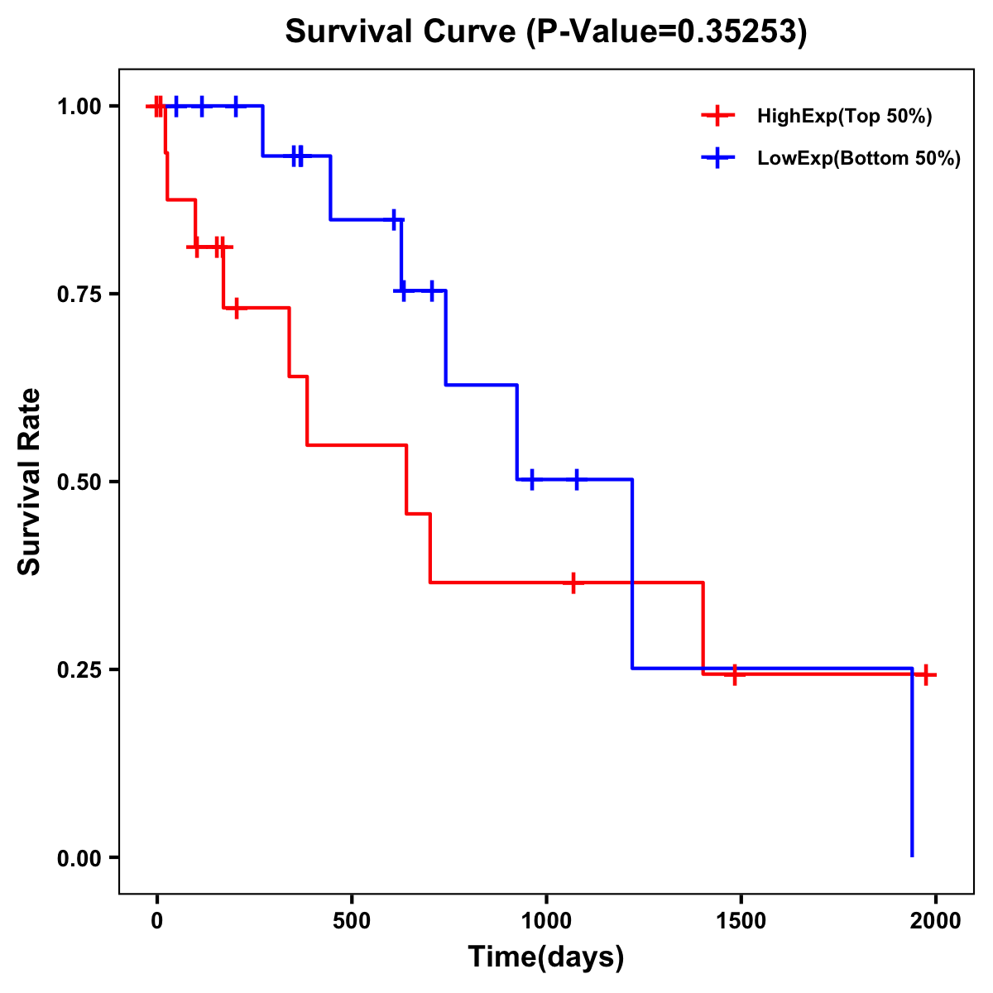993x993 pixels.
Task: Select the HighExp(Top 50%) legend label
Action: pyautogui.click(x=844, y=117)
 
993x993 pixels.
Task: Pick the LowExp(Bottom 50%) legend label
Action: pyautogui.click(x=859, y=159)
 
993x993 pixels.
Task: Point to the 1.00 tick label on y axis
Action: pyautogui.click(x=79, y=107)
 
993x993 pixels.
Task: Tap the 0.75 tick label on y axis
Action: pyautogui.click(x=79, y=295)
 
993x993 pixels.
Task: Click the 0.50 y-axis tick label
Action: pyautogui.click(x=79, y=482)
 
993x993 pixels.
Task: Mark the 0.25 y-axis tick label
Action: pyautogui.click(x=79, y=670)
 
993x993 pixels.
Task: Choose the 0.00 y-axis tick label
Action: pyautogui.click(x=79, y=858)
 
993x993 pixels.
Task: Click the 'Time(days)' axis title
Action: pyautogui.click(x=546, y=957)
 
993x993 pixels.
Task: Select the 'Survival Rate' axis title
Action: pyautogui.click(x=30, y=482)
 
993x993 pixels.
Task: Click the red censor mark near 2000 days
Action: pyautogui.click(x=926, y=674)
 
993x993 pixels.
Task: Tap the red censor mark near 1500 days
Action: pyautogui.click(x=734, y=674)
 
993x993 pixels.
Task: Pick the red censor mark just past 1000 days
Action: pyautogui.click(x=573, y=583)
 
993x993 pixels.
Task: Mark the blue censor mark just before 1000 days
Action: pyautogui.click(x=531, y=479)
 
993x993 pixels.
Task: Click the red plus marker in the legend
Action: pyautogui.click(x=718, y=117)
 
